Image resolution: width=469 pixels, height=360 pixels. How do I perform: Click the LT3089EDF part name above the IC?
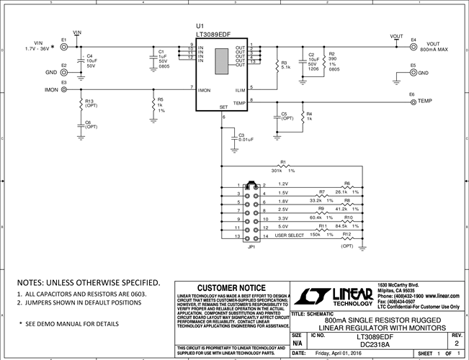[x=213, y=33]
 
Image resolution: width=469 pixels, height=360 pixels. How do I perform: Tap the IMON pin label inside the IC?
[x=205, y=90]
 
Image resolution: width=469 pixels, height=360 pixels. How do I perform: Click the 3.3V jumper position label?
[x=283, y=217]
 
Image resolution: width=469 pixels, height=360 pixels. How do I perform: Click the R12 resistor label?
[x=347, y=234]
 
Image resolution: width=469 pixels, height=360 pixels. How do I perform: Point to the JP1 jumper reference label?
[x=251, y=248]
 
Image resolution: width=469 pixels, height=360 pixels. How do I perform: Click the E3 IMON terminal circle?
[x=64, y=90]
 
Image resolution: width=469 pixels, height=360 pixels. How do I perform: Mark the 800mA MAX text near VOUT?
[x=432, y=49]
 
